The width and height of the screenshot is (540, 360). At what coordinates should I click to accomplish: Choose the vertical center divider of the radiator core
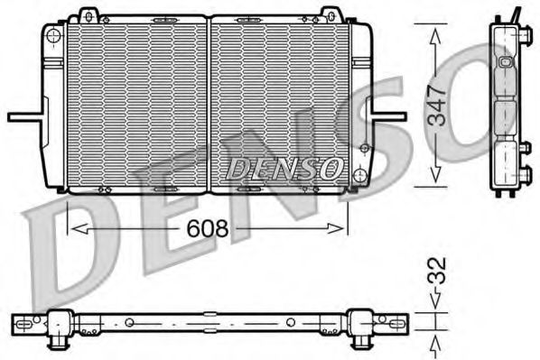pyautogui.click(x=209, y=104)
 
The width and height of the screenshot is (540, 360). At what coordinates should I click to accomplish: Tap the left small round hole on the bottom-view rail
pyautogui.click(x=129, y=322)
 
